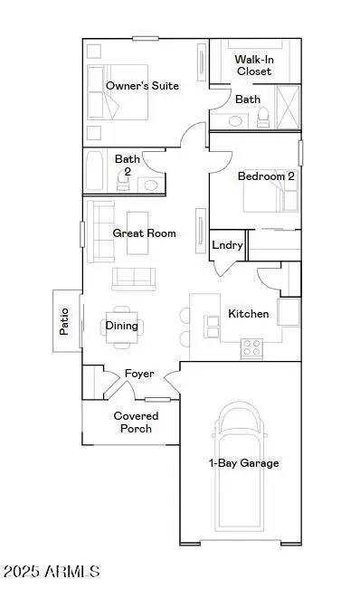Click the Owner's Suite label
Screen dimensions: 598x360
pyautogui.click(x=142, y=86)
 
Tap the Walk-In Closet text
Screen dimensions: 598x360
pyautogui.click(x=254, y=64)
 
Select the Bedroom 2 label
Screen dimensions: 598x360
pyautogui.click(x=266, y=176)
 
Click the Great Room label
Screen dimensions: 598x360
pyautogui.click(x=144, y=233)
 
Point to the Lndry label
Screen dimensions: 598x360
pyautogui.click(x=226, y=245)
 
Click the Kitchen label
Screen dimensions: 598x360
pyautogui.click(x=248, y=314)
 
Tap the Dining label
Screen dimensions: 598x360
pyautogui.click(x=122, y=326)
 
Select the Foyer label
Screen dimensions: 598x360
pyautogui.click(x=139, y=374)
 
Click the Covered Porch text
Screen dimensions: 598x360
pyautogui.click(x=136, y=422)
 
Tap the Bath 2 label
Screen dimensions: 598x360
pyautogui.click(x=128, y=165)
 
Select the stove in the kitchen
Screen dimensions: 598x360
pyautogui.click(x=251, y=346)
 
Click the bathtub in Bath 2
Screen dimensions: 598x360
pyautogui.click(x=96, y=171)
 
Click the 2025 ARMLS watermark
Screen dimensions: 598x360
pyautogui.click(x=51, y=572)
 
